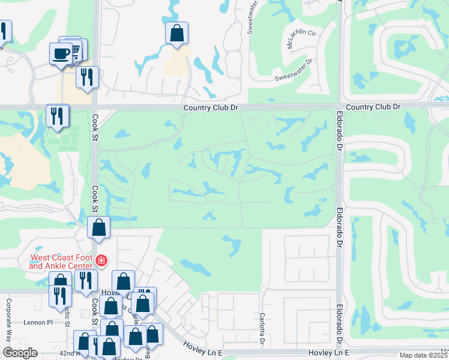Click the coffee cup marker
tap(61, 53)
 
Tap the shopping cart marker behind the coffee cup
tap(76, 49)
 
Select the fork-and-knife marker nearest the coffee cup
tap(87, 77)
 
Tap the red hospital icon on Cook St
tap(101, 261)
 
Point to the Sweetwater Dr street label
tap(294, 71)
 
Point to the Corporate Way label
tap(9, 320)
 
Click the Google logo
tap(19, 353)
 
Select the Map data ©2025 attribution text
tap(423, 355)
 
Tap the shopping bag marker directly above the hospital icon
tap(99, 227)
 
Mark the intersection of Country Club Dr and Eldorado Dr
tap(340, 107)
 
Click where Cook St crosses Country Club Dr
tap(95, 107)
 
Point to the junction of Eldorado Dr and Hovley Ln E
tap(340, 353)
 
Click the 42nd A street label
tap(71, 354)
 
